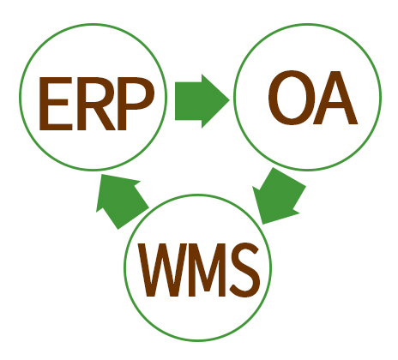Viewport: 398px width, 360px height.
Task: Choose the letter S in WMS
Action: click(245, 269)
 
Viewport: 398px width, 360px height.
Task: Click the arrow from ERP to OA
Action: click(202, 101)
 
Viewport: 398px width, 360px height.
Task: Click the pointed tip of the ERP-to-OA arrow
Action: click(229, 100)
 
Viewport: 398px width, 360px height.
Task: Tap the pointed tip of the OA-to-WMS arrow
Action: click(262, 224)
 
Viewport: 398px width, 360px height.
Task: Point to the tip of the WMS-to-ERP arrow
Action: click(101, 174)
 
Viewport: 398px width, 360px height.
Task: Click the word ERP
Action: click(97, 104)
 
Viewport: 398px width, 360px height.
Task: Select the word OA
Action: click(313, 98)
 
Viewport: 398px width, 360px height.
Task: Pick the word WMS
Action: click(199, 270)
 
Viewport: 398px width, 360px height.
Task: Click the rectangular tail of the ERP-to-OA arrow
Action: click(189, 101)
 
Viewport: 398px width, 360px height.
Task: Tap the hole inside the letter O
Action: click(292, 98)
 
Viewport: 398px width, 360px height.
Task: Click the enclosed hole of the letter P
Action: click(136, 93)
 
